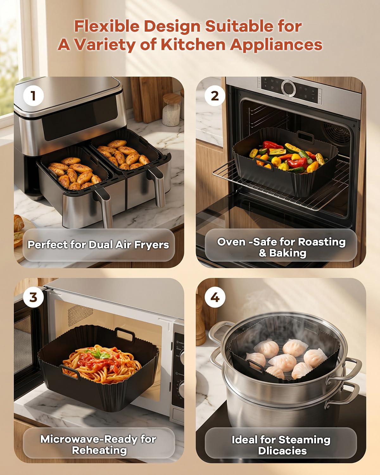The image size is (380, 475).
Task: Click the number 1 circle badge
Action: tap(33, 96)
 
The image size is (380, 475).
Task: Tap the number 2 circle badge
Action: tap(215, 96)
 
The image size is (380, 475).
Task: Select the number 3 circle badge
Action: tap(33, 297)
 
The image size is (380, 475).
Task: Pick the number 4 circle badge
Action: tap(215, 297)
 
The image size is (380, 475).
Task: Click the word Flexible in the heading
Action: tap(107, 26)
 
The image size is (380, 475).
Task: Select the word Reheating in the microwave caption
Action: tap(99, 450)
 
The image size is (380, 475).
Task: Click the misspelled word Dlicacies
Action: tap(282, 451)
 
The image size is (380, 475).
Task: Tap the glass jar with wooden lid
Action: tap(172, 110)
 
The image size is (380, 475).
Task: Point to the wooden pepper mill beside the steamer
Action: tap(200, 320)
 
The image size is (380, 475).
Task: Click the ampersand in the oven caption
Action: tap(263, 253)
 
